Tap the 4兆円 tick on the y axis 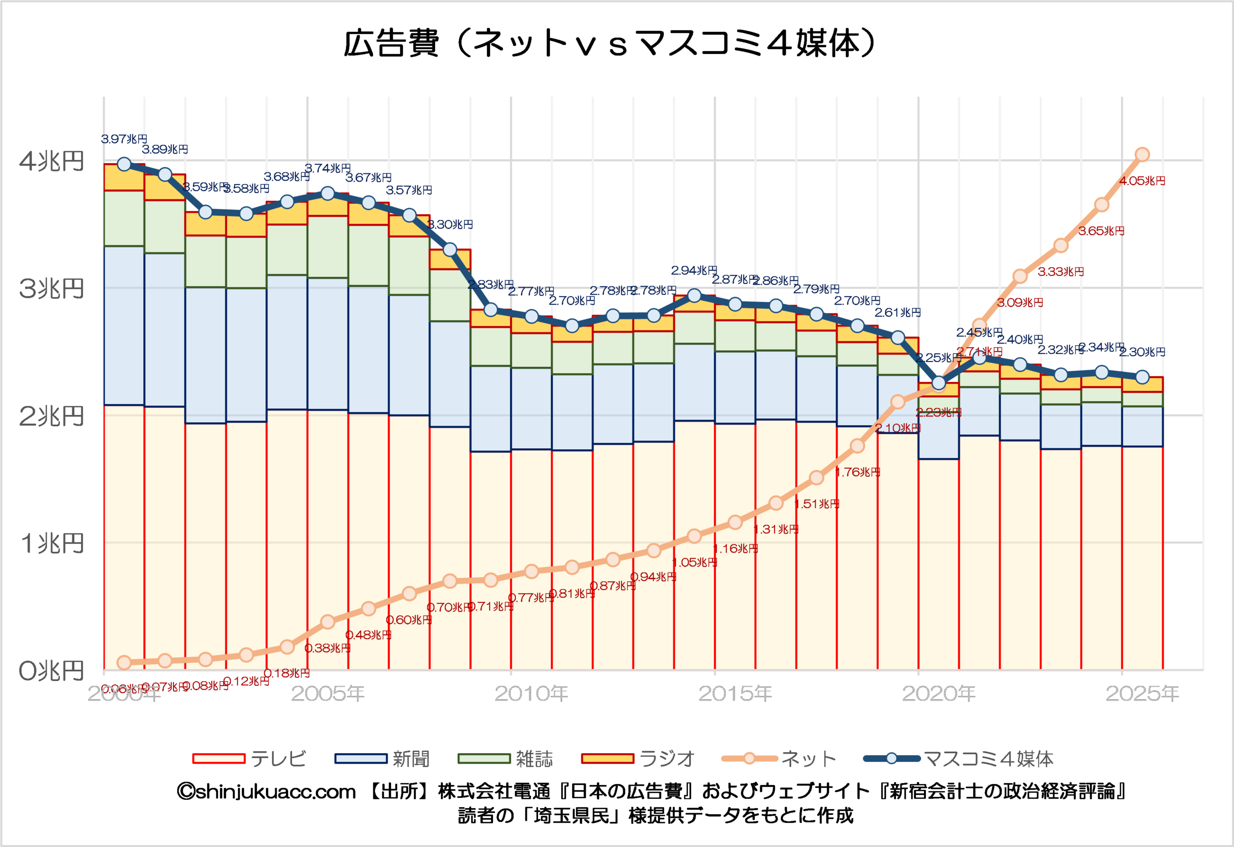(x=52, y=161)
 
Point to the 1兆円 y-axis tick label (x=52, y=544)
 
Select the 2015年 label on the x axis (x=735, y=693)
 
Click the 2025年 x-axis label (x=1142, y=693)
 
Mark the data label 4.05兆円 (x=1142, y=181)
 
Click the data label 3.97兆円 (x=124, y=139)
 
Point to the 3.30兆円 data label (x=450, y=224)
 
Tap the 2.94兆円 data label (x=694, y=271)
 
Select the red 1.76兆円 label (x=858, y=472)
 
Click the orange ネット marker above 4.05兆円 (x=1142, y=155)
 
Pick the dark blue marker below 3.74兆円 (x=328, y=194)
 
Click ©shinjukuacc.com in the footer (x=266, y=792)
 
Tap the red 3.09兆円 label (x=1020, y=303)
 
